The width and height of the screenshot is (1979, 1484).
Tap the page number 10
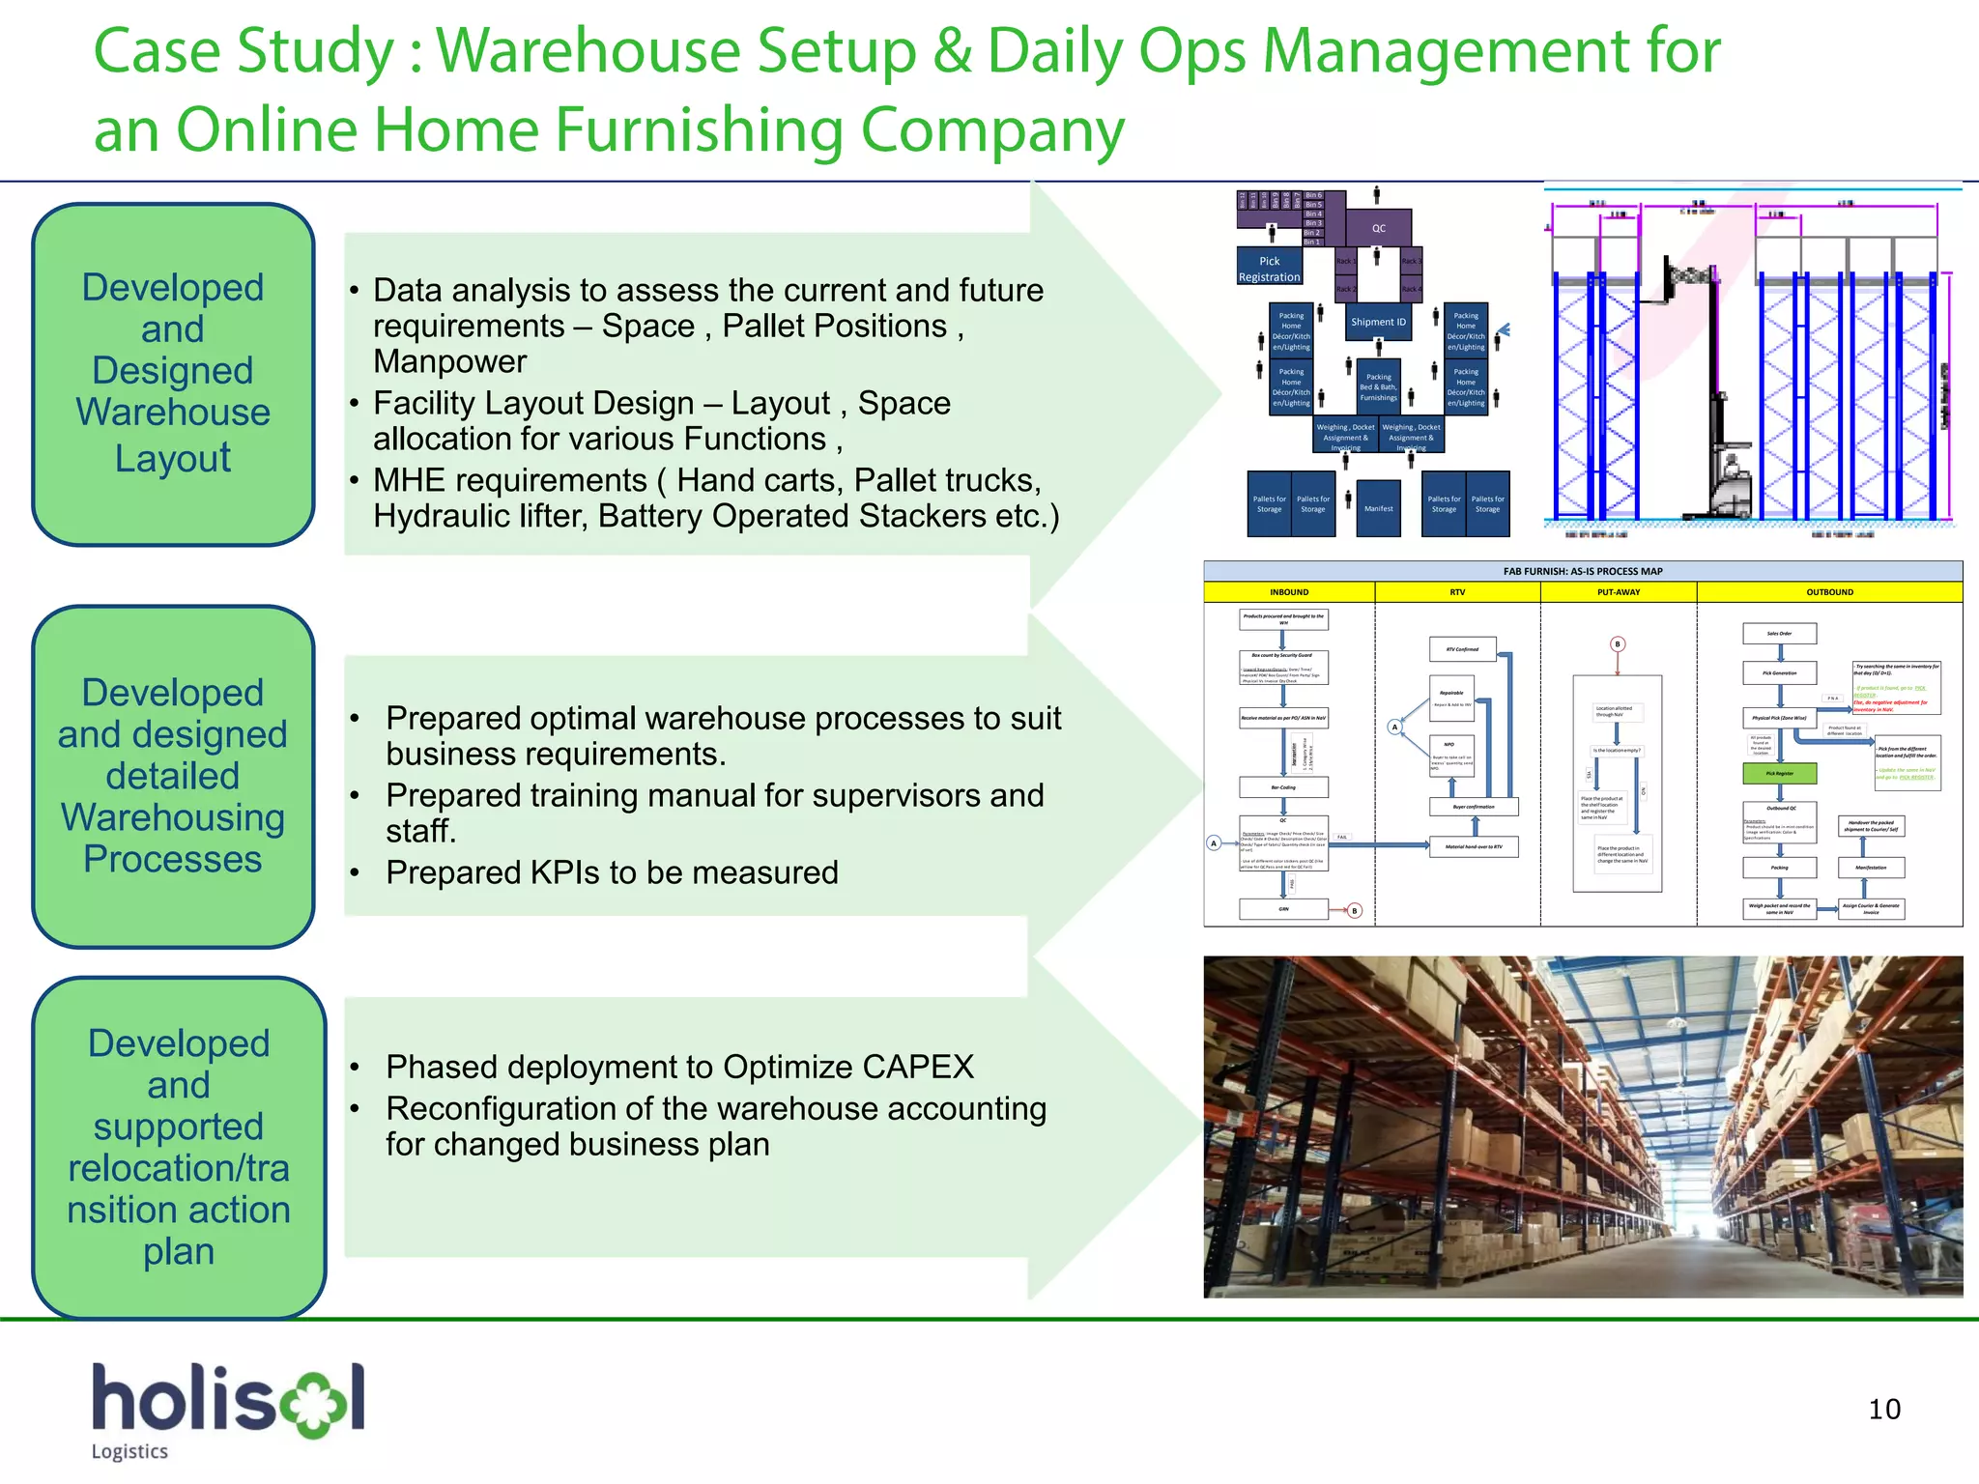pyautogui.click(x=1883, y=1410)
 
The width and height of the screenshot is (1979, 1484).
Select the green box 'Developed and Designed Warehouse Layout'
pyautogui.click(x=173, y=374)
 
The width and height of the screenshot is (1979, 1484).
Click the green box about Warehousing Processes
pyautogui.click(x=173, y=777)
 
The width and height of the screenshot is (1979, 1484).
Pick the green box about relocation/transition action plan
pyautogui.click(x=179, y=1147)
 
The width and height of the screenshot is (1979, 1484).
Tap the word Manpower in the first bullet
pyautogui.click(x=450, y=361)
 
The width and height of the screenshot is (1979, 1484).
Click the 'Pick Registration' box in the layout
pyautogui.click(x=1269, y=269)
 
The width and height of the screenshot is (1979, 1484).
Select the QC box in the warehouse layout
pyautogui.click(x=1378, y=229)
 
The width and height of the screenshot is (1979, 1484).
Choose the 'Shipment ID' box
pyautogui.click(x=1378, y=322)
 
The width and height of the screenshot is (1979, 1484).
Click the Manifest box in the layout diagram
pyautogui.click(x=1378, y=508)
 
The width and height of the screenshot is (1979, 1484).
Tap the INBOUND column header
pyautogui.click(x=1289, y=592)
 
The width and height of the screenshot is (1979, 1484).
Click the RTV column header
pyautogui.click(x=1457, y=592)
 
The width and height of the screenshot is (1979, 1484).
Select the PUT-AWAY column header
pyautogui.click(x=1619, y=592)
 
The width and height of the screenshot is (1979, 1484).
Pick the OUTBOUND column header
pyautogui.click(x=1829, y=592)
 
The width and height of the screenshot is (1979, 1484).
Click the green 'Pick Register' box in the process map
pyautogui.click(x=1779, y=773)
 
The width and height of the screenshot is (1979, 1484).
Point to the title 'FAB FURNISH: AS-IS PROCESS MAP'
pyautogui.click(x=1583, y=571)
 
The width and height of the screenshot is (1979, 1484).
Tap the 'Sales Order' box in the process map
pyautogui.click(x=1779, y=634)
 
